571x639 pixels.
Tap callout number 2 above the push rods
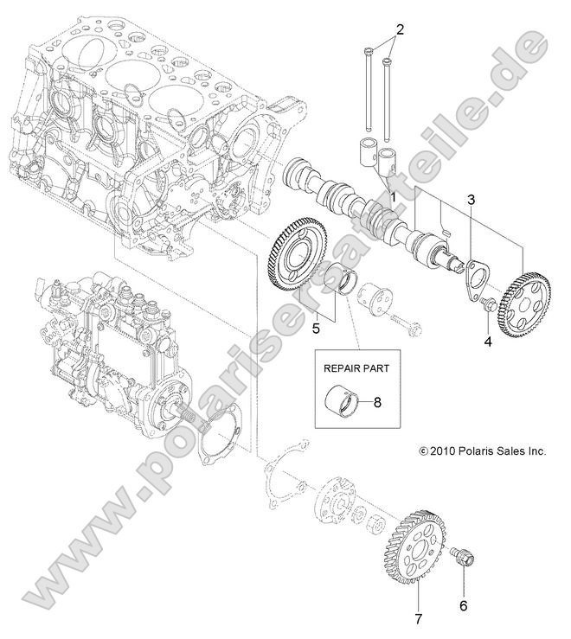coord(399,29)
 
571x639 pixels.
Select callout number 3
coord(471,201)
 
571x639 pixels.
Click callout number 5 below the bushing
coord(318,329)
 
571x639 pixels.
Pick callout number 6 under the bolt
coord(463,606)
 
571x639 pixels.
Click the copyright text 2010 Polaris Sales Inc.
coord(483,450)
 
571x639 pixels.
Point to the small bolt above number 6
coord(464,558)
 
